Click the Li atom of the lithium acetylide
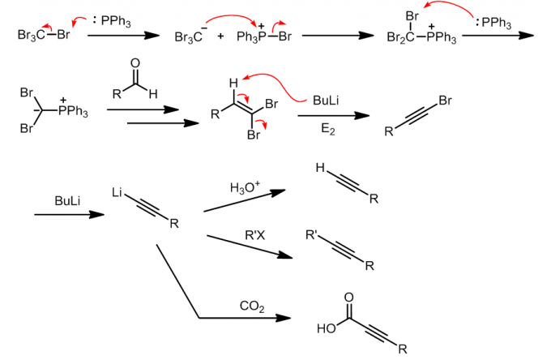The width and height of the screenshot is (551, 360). (x=118, y=194)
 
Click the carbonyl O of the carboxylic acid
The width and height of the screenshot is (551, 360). (x=348, y=298)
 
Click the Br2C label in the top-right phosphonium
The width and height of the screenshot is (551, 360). (x=398, y=36)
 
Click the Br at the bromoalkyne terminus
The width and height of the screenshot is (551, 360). (x=443, y=100)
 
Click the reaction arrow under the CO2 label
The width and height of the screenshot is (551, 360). (x=244, y=318)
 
